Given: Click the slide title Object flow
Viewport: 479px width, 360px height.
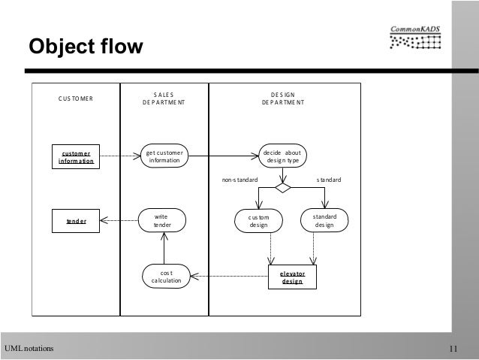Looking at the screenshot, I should click(x=84, y=47).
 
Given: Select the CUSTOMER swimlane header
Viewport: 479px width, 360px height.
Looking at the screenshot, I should click(x=76, y=98).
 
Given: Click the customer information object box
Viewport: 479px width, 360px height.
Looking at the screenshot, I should click(x=77, y=156).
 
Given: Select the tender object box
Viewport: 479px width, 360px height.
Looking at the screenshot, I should click(x=77, y=220).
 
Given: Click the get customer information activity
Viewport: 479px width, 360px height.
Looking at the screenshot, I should click(x=164, y=156).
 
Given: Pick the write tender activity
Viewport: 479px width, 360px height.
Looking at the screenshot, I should click(x=162, y=220).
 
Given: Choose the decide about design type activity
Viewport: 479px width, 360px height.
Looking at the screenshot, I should click(x=282, y=156).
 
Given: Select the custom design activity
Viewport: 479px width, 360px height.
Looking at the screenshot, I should click(x=258, y=220).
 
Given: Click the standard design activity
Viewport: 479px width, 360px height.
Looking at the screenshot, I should click(x=325, y=220).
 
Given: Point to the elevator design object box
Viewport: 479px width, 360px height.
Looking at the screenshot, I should click(x=293, y=277).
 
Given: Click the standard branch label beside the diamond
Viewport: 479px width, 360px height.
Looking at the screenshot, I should click(x=328, y=181).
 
